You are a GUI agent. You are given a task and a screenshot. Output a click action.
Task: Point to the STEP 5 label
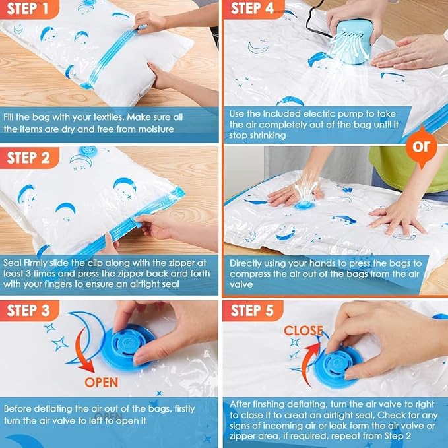click(x=255, y=309)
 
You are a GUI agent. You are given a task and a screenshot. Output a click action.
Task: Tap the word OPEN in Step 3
click(x=101, y=382)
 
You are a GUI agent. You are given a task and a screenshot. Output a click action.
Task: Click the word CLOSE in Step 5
click(x=303, y=330)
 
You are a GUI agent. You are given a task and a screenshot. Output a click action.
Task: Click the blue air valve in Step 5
click(x=339, y=363)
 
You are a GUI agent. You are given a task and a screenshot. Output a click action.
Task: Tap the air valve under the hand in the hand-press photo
click(x=304, y=205)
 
